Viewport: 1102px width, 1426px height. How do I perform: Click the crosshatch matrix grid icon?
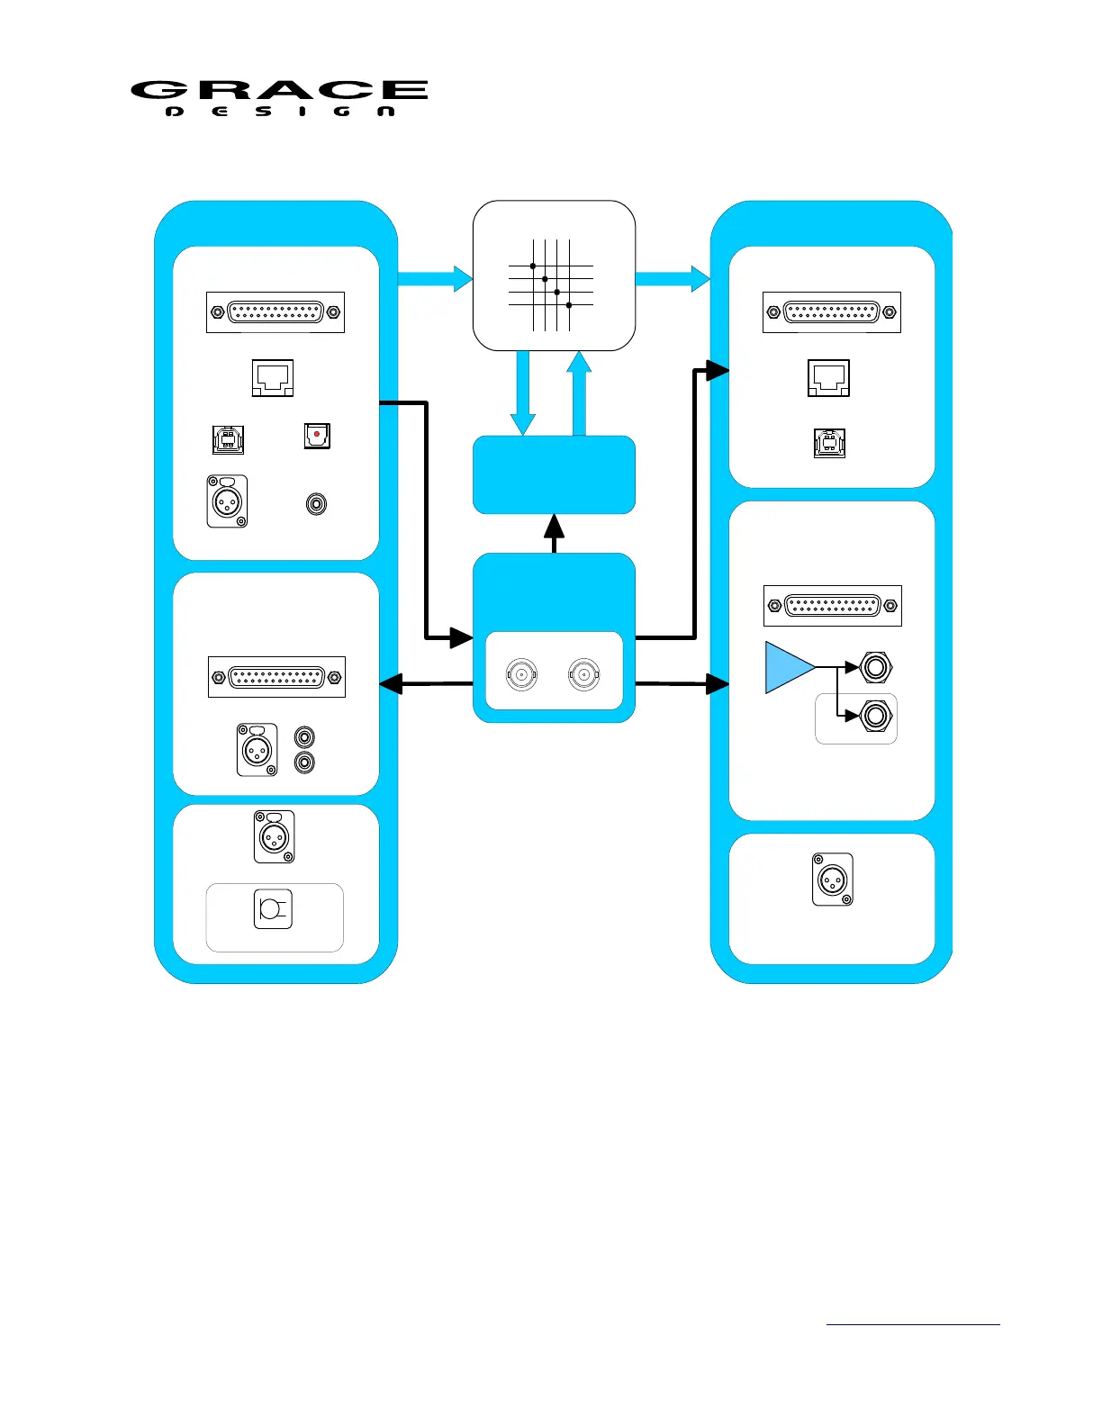click(551, 284)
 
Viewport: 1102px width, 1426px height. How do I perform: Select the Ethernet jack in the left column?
click(273, 377)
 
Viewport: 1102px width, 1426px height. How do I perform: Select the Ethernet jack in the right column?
click(828, 377)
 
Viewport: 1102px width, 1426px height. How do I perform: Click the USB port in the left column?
click(228, 439)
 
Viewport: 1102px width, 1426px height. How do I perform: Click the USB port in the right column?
click(829, 443)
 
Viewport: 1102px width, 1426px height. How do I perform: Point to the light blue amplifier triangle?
click(787, 667)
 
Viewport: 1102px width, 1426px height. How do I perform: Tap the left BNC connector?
click(521, 673)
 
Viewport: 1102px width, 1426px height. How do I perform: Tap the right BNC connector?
click(584, 673)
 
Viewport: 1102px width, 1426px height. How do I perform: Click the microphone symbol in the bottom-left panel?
click(273, 908)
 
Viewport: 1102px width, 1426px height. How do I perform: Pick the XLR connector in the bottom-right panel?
click(832, 880)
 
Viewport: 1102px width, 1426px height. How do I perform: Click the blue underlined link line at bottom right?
click(913, 1324)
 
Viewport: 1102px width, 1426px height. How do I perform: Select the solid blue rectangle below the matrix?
click(554, 474)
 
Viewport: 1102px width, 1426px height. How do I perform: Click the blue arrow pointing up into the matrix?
click(580, 393)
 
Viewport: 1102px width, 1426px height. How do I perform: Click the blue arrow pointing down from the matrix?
click(523, 393)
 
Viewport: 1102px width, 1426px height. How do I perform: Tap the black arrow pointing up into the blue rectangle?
click(555, 533)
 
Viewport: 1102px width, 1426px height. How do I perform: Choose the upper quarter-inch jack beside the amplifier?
click(875, 667)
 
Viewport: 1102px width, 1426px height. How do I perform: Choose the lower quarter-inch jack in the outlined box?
click(875, 717)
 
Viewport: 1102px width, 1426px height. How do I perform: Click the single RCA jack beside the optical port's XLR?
click(316, 503)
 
